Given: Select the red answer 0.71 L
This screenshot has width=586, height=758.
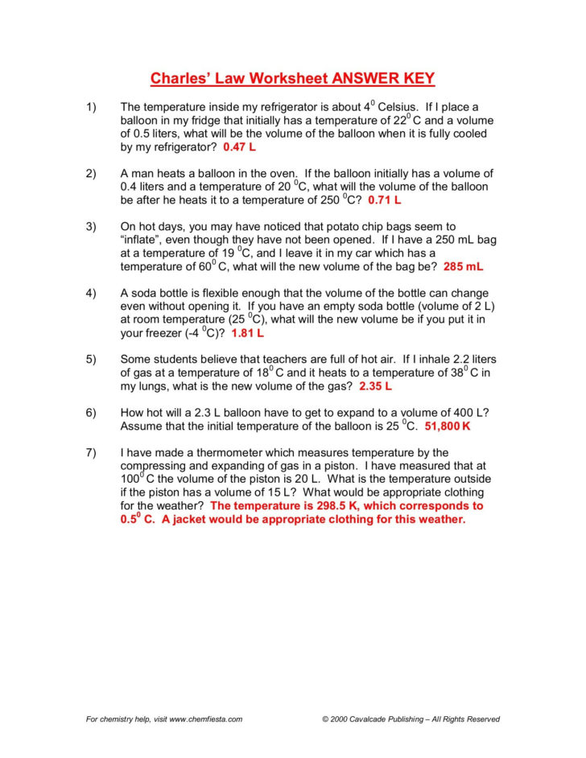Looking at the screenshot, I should (385, 200).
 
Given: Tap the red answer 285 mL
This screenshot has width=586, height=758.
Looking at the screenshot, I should (464, 266).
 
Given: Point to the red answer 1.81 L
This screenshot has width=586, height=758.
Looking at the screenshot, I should (247, 332).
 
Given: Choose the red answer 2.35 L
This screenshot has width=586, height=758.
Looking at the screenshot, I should (376, 386).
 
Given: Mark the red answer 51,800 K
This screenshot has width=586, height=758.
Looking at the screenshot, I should (448, 426).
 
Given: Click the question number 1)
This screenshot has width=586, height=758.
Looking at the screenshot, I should (91, 107).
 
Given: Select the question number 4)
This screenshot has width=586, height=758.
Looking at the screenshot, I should (91, 293).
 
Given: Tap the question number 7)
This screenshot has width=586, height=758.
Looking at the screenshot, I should (91, 452).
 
